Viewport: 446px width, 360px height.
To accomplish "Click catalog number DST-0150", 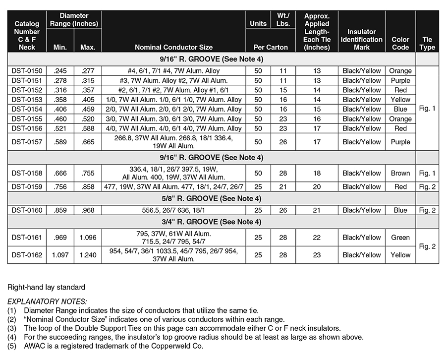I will click(x=27, y=71).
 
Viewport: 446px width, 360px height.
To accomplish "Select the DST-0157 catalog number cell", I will click(x=27, y=142).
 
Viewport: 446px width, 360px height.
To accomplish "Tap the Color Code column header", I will click(x=400, y=43).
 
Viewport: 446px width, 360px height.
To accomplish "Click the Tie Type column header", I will click(x=427, y=43).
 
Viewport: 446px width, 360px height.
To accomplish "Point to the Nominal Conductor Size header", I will click(x=173, y=48).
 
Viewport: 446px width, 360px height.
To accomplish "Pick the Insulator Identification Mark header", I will click(x=362, y=39).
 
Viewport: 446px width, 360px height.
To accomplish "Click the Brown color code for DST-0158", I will click(x=400, y=174).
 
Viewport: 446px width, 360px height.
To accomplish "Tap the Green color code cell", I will click(x=400, y=238).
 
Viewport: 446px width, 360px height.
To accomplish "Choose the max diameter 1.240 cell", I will click(x=88, y=255).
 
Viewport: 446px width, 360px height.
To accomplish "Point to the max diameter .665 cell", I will click(x=88, y=142).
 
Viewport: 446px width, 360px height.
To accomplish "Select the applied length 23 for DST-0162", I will click(x=317, y=255).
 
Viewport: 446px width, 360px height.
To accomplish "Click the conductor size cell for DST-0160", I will click(x=173, y=210).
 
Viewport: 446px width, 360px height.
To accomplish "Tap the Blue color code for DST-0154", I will click(x=400, y=109).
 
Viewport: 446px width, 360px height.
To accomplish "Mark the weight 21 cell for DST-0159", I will click(x=283, y=187).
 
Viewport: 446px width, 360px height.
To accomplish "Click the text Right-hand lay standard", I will click(x=46, y=287).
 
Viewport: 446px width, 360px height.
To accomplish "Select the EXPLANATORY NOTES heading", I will click(x=47, y=301).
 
